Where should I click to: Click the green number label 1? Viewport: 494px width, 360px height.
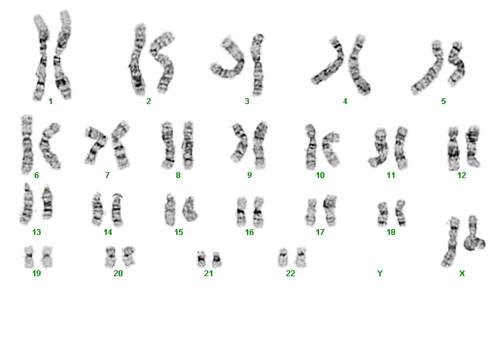[50, 101]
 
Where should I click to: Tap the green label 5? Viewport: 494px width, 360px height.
[444, 101]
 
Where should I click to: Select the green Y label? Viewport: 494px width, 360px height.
[380, 274]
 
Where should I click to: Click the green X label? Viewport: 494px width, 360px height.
[462, 274]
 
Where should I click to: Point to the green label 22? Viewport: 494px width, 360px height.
[290, 274]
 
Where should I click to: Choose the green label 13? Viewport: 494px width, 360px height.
[37, 232]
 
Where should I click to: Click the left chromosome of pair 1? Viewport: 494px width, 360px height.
[41, 57]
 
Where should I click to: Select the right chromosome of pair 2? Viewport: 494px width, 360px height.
[163, 62]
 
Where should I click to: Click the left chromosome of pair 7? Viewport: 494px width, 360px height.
[95, 145]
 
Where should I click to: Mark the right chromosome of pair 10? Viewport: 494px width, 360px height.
[331, 149]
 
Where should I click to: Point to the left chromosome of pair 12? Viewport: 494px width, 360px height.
[453, 148]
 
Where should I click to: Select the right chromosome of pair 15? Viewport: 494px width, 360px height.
[190, 209]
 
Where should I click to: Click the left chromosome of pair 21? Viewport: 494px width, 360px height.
[201, 259]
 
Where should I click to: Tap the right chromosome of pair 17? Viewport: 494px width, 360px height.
[330, 210]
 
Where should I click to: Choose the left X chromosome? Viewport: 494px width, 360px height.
[451, 242]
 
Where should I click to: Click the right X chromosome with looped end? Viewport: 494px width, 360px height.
[474, 234]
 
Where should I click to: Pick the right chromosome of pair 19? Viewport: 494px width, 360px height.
[47, 257]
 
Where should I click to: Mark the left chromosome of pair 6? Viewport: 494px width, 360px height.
[27, 145]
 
